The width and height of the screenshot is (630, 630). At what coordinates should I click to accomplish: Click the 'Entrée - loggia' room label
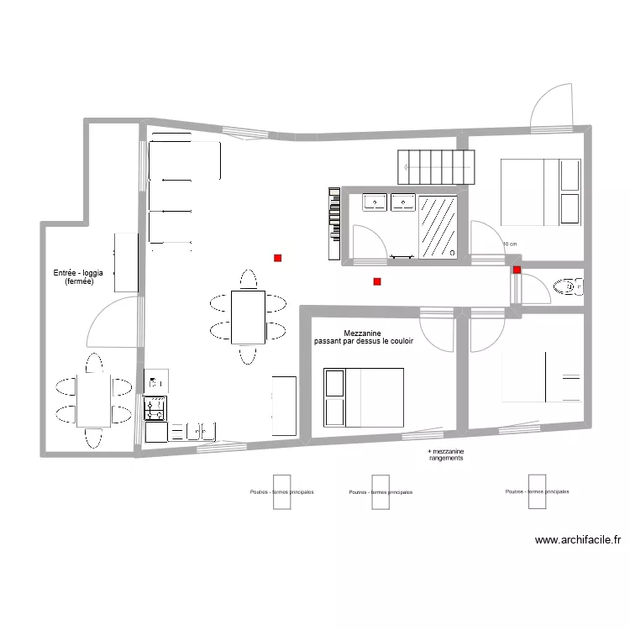click(x=73, y=273)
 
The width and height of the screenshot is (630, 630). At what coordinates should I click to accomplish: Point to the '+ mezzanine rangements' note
click(x=445, y=455)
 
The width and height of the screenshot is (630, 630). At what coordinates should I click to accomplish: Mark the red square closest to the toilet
click(x=517, y=270)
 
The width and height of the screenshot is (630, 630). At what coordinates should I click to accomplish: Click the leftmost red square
click(x=277, y=259)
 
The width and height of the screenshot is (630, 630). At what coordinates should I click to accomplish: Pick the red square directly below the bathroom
click(x=377, y=281)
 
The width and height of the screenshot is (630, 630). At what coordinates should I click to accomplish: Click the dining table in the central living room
click(x=247, y=317)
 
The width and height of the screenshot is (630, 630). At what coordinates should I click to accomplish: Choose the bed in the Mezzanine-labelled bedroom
click(x=364, y=396)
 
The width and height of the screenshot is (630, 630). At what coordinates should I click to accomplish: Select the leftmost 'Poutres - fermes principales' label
click(x=282, y=492)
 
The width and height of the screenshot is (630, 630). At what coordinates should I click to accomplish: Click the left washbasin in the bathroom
click(x=375, y=202)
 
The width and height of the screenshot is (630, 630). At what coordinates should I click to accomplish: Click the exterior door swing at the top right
click(x=551, y=108)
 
